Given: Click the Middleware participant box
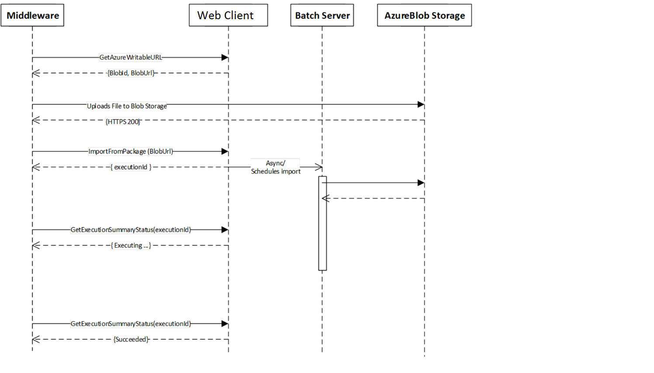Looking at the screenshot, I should coord(32,15).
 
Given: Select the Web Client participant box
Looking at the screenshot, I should coord(228,15).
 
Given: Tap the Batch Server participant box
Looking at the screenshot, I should coord(322,15).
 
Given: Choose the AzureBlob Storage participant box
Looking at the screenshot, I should coord(424,15).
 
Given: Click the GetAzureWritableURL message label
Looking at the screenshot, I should coord(131,57).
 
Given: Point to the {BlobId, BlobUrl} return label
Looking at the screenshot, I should coord(131,73).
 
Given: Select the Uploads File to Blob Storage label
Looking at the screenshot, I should coord(127,106).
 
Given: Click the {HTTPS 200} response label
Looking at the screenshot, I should coord(123,122).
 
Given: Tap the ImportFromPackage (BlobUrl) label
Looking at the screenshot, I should coord(131,151).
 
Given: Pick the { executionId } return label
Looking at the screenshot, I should coord(131,167).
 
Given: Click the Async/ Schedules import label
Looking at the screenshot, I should coord(276,167).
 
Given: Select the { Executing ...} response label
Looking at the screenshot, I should coord(131,246).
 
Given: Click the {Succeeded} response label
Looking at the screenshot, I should coord(131,339).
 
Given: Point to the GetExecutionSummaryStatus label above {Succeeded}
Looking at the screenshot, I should coord(131,324).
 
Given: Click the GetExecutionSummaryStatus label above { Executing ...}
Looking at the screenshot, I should coord(131,229).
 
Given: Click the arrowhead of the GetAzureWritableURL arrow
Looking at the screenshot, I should coord(225,58).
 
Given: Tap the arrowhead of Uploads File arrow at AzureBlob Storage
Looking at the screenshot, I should coord(421,104).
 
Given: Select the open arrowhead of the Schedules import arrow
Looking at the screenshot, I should coord(319,167).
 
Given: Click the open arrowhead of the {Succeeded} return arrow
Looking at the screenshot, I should coord(36,339).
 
